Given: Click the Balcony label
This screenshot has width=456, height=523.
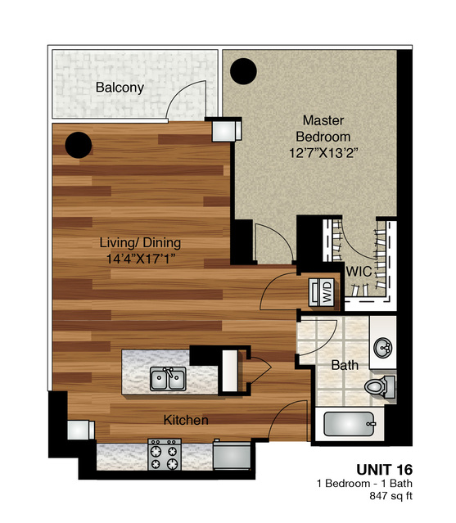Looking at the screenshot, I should (x=120, y=88).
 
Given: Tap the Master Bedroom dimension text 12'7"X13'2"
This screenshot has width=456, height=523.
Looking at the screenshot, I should (x=325, y=152).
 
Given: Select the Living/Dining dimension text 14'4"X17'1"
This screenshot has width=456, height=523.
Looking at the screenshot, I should (x=140, y=259).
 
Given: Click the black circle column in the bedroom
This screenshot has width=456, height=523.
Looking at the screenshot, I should (x=243, y=73).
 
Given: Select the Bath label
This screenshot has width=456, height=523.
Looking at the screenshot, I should (x=345, y=366).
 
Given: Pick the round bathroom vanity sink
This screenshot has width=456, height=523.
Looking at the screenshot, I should (x=382, y=347).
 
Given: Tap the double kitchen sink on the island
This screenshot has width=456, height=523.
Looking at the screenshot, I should (x=168, y=378).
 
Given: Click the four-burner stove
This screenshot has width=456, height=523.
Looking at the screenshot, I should (x=164, y=453).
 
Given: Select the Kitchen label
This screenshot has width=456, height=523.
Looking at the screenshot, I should (x=186, y=420).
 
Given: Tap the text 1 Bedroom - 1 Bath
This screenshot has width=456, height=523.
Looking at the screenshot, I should (x=364, y=484).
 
